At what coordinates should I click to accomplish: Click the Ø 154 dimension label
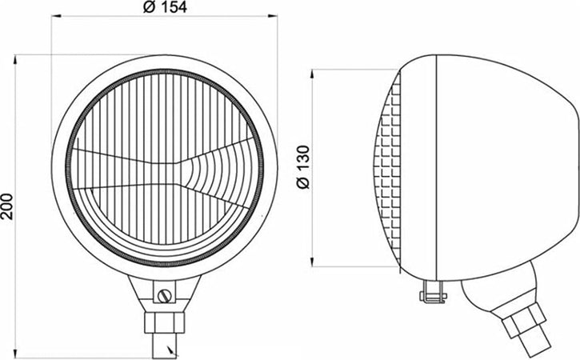pyautogui.click(x=164, y=8)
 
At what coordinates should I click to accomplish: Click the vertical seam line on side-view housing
pyautogui.click(x=434, y=168)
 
